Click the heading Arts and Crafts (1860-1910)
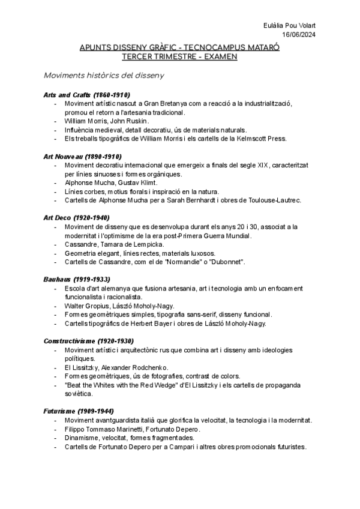tap(87, 95)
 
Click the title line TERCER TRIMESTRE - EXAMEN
tap(179, 56)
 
